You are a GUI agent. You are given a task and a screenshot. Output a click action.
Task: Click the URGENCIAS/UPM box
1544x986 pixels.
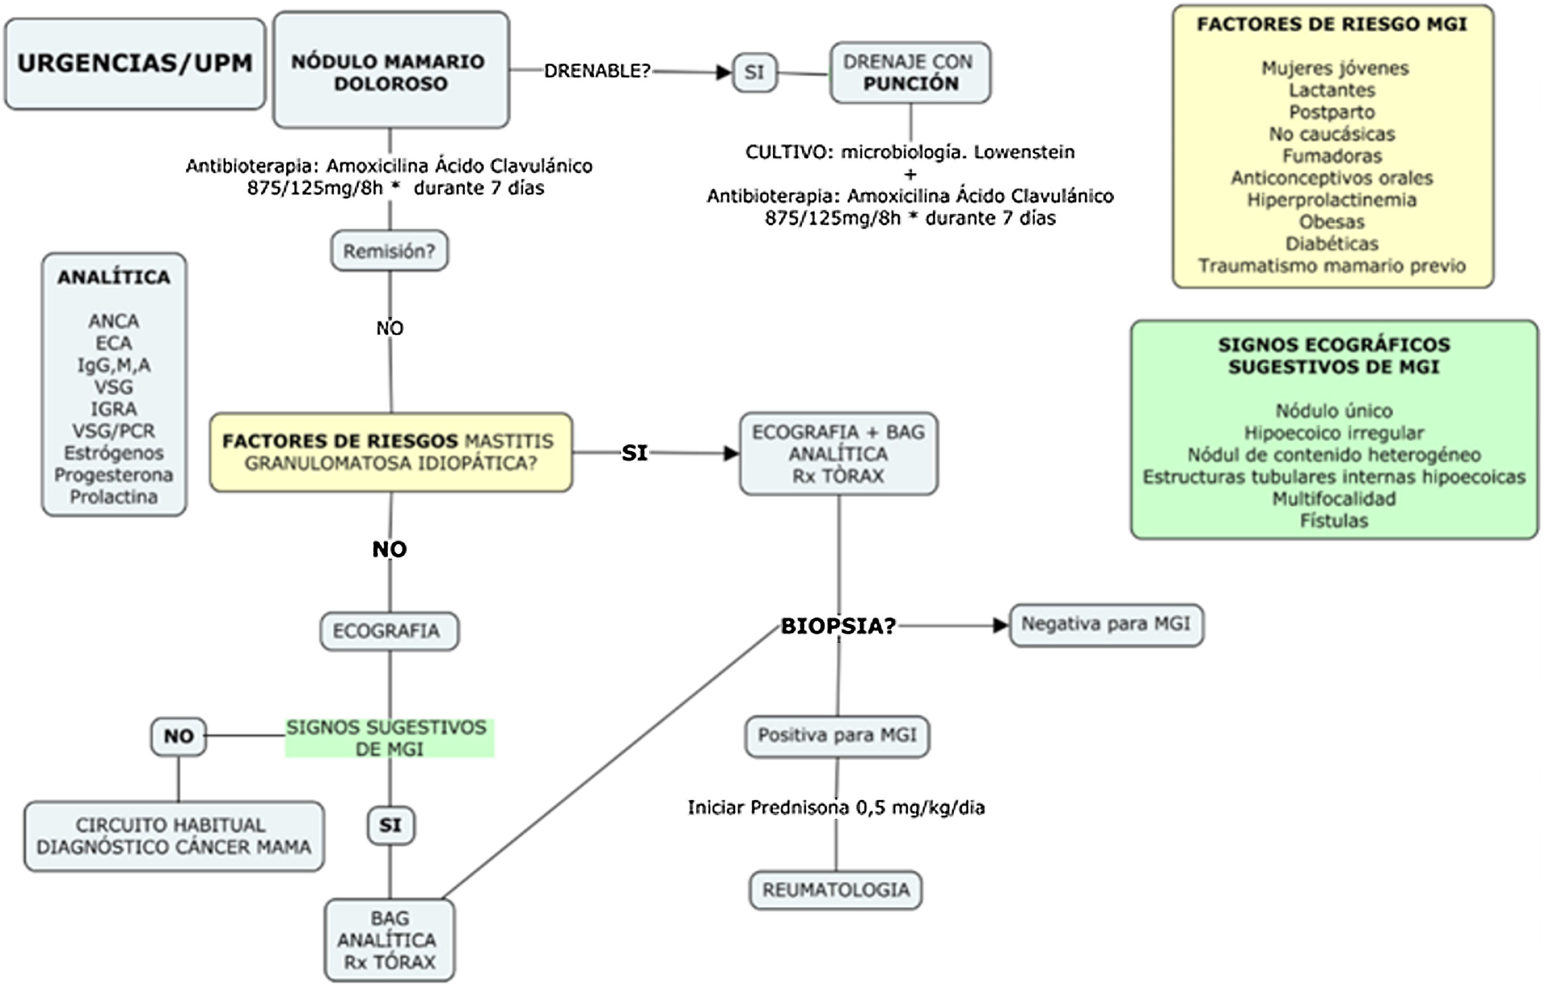pos(135,64)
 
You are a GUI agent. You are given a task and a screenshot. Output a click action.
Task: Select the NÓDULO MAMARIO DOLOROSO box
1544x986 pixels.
pos(390,70)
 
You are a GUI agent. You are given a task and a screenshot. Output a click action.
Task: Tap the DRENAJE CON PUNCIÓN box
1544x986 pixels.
pos(910,72)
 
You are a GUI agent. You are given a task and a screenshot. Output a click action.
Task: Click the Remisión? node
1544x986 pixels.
pos(389,251)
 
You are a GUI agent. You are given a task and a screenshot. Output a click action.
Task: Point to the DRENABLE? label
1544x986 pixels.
pos(597,70)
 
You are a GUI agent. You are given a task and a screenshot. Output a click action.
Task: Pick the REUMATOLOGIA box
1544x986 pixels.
pos(835,890)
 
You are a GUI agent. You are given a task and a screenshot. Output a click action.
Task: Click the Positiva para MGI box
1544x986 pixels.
pos(837,735)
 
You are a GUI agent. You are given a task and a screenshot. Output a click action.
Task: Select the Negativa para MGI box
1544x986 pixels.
pos(1105,624)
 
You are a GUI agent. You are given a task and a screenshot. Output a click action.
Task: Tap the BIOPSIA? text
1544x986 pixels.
pos(837,626)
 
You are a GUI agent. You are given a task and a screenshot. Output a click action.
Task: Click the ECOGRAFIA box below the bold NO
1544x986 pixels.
pos(389,632)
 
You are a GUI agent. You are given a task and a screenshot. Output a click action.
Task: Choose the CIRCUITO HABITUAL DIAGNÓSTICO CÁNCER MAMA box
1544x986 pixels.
pos(174,836)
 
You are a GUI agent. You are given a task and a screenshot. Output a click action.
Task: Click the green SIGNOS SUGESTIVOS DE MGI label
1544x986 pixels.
pos(389,738)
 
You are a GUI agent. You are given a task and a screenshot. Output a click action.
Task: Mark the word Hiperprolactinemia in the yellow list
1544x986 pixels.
pos(1331,200)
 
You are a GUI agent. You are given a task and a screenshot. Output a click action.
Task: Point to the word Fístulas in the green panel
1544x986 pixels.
pos(1334,521)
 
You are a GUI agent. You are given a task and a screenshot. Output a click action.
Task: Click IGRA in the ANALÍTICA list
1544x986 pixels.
pos(113,409)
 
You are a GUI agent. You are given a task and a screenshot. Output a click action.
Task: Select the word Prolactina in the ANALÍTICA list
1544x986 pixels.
pos(113,497)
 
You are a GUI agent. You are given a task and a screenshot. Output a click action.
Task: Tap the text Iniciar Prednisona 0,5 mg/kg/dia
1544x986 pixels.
pos(835,808)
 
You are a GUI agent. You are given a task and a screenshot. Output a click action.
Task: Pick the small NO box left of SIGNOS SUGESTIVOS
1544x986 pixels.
pos(178,736)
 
